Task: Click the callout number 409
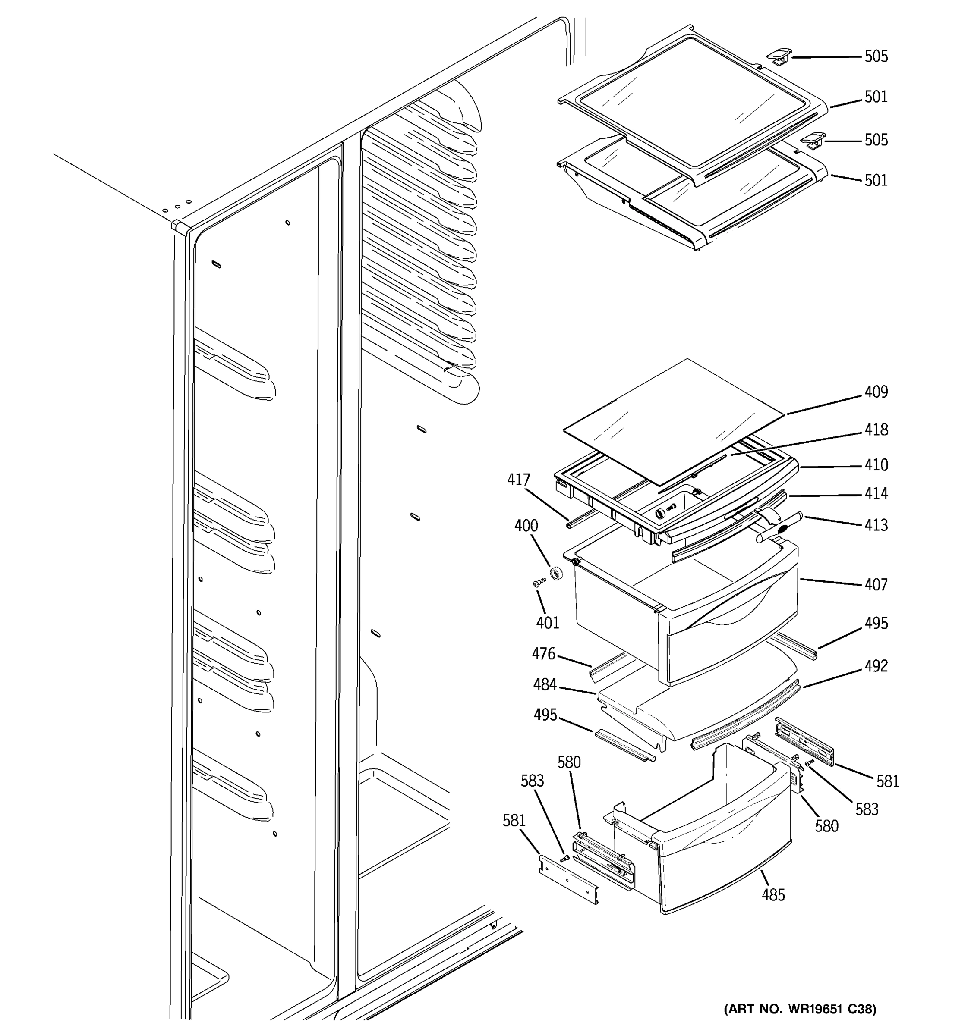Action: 876,392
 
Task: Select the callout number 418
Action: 876,430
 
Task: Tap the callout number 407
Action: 876,585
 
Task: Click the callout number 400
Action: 526,526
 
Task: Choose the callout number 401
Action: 548,623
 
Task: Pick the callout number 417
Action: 519,480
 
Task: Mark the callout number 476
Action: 543,654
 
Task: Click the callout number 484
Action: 545,685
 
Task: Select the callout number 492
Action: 876,666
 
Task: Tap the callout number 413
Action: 876,525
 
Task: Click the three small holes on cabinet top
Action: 177,206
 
